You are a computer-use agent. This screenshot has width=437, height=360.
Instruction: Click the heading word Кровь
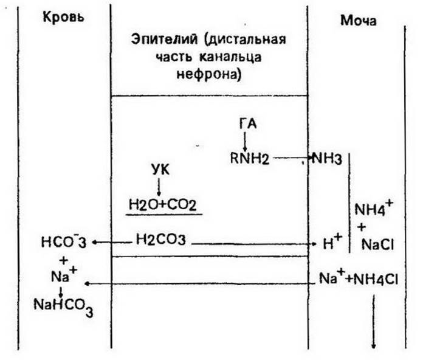click(63, 17)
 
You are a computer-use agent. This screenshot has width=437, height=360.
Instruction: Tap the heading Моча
click(358, 21)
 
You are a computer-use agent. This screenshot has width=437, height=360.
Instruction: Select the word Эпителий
click(164, 39)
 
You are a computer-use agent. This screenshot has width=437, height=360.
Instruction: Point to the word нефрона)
click(208, 74)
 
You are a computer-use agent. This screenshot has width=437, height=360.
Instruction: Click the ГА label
click(248, 124)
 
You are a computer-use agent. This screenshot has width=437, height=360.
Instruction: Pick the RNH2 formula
click(250, 159)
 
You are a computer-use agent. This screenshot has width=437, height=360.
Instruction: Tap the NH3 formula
click(326, 159)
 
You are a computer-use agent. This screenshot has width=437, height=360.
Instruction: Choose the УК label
click(160, 170)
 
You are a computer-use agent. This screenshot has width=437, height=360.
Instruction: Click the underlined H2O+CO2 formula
click(162, 205)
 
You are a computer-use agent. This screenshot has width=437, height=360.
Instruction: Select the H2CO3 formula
click(161, 240)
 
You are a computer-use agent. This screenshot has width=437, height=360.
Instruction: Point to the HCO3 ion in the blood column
click(64, 242)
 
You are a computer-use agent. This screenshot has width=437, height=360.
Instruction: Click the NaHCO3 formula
click(63, 306)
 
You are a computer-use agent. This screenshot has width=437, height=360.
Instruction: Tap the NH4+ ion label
click(373, 209)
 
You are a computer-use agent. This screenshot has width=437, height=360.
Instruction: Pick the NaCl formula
click(377, 244)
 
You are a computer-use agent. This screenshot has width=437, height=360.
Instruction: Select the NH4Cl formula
click(376, 279)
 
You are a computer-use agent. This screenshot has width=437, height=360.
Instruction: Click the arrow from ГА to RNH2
click(245, 141)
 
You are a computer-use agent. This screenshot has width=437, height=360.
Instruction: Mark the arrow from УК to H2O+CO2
click(159, 186)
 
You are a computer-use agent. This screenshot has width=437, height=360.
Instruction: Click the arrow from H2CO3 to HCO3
click(112, 242)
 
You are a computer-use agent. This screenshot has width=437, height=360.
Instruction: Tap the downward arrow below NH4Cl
click(373, 322)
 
